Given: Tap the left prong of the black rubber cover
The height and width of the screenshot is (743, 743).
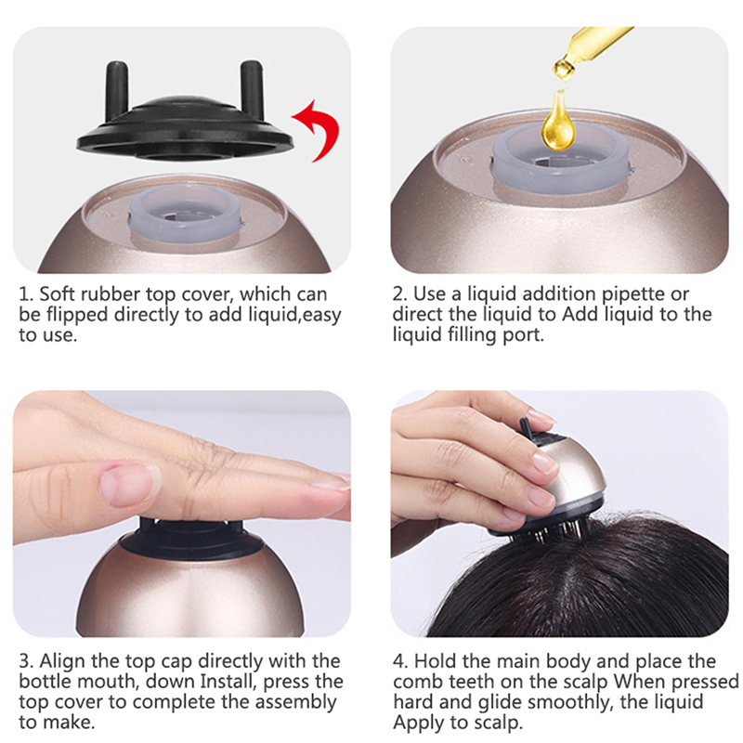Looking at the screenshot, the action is [x=116, y=89].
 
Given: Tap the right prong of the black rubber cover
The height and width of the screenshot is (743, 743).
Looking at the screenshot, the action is [x=252, y=86].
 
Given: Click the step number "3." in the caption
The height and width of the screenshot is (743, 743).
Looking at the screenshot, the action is [x=27, y=661].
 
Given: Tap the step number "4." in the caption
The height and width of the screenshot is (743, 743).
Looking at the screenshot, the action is [x=401, y=661].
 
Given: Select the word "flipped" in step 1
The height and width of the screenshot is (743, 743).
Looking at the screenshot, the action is [x=77, y=316].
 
